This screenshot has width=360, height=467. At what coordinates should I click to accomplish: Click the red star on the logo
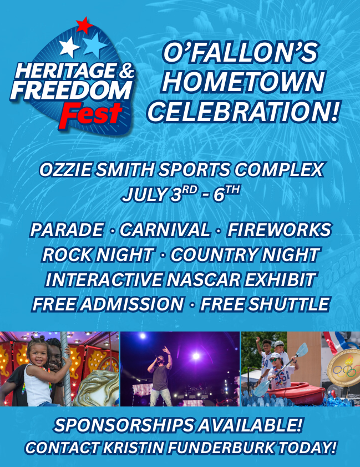click(84, 25)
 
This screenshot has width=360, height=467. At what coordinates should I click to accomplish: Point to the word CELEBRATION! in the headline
click(243, 111)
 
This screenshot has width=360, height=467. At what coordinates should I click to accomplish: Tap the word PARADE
click(67, 230)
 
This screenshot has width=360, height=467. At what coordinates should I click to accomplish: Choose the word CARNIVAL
click(165, 230)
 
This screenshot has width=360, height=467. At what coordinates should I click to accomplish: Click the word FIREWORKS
click(279, 230)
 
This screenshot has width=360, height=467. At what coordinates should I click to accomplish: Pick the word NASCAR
click(204, 280)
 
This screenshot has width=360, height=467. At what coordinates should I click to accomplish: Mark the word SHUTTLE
click(288, 304)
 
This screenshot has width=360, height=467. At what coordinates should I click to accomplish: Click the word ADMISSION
click(133, 304)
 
